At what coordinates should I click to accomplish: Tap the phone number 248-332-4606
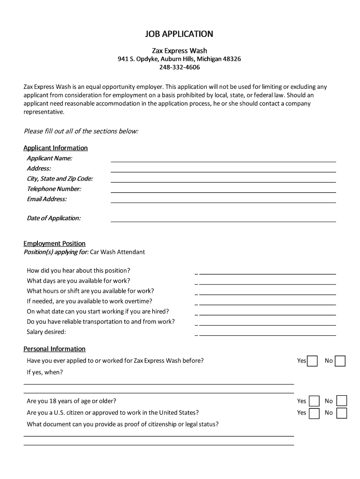click(179, 67)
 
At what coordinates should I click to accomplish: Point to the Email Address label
click(47, 199)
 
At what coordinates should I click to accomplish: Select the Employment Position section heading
click(54, 243)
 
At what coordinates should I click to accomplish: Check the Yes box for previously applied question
click(312, 361)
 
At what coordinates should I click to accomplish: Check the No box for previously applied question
click(340, 361)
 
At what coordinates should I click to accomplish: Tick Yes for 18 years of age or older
click(314, 401)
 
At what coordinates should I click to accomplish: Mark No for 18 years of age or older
click(342, 401)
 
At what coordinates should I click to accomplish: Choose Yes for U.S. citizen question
click(314, 413)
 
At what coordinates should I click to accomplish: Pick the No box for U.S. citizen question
click(342, 413)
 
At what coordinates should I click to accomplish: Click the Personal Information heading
click(54, 349)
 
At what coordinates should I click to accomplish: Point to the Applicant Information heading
click(55, 148)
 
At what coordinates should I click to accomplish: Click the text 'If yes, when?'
click(45, 372)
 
